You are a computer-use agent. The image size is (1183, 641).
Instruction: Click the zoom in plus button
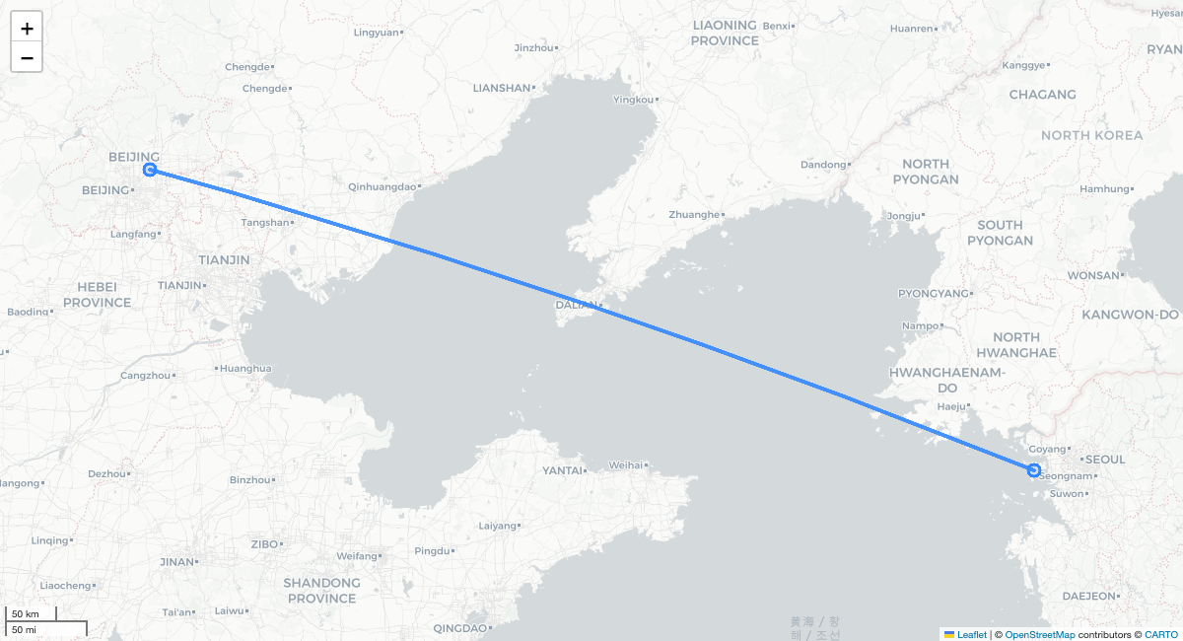(x=27, y=28)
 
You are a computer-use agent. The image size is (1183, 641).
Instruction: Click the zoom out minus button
(x=27, y=57)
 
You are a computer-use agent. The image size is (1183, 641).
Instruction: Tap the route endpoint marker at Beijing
(x=150, y=170)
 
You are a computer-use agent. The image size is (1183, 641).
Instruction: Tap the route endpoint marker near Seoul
(x=1033, y=470)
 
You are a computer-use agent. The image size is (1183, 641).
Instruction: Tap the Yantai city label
(x=562, y=470)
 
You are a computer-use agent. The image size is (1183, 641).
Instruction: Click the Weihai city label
(x=626, y=464)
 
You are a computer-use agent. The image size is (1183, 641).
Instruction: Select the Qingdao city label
(x=459, y=628)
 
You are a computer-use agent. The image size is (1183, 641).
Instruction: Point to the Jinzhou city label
(x=534, y=47)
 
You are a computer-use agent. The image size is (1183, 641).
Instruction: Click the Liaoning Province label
(x=725, y=33)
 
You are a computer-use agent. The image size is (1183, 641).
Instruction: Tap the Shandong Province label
(x=321, y=591)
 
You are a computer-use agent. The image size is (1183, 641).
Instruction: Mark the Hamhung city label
(x=1103, y=188)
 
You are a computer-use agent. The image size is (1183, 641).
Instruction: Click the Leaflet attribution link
(x=971, y=634)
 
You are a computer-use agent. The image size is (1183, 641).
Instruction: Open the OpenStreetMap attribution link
(x=1040, y=634)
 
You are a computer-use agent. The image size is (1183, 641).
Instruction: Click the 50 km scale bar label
(x=26, y=614)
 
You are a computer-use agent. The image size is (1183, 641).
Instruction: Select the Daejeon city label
(x=1088, y=596)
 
